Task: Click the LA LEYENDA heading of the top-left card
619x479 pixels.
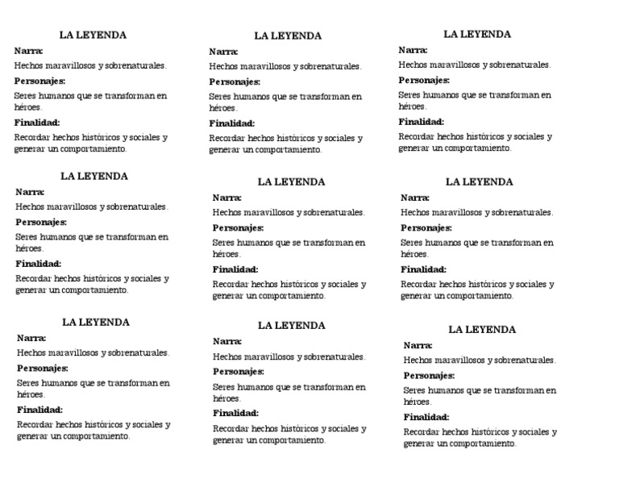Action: (93, 35)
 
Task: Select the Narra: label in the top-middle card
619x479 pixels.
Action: (222, 52)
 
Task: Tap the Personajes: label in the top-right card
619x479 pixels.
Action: (424, 80)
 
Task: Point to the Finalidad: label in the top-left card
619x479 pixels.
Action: (37, 123)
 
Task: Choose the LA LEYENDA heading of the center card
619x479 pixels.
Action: (291, 182)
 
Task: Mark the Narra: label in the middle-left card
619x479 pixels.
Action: (30, 192)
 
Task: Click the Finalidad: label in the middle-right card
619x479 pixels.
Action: (423, 269)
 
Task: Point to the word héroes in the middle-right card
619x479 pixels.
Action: (413, 253)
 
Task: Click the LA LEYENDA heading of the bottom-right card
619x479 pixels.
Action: (482, 330)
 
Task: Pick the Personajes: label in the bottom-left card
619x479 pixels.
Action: (43, 369)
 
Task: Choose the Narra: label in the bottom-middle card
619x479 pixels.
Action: (227, 341)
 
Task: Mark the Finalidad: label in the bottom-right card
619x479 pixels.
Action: (426, 417)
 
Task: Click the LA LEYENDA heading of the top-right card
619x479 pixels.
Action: (477, 34)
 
